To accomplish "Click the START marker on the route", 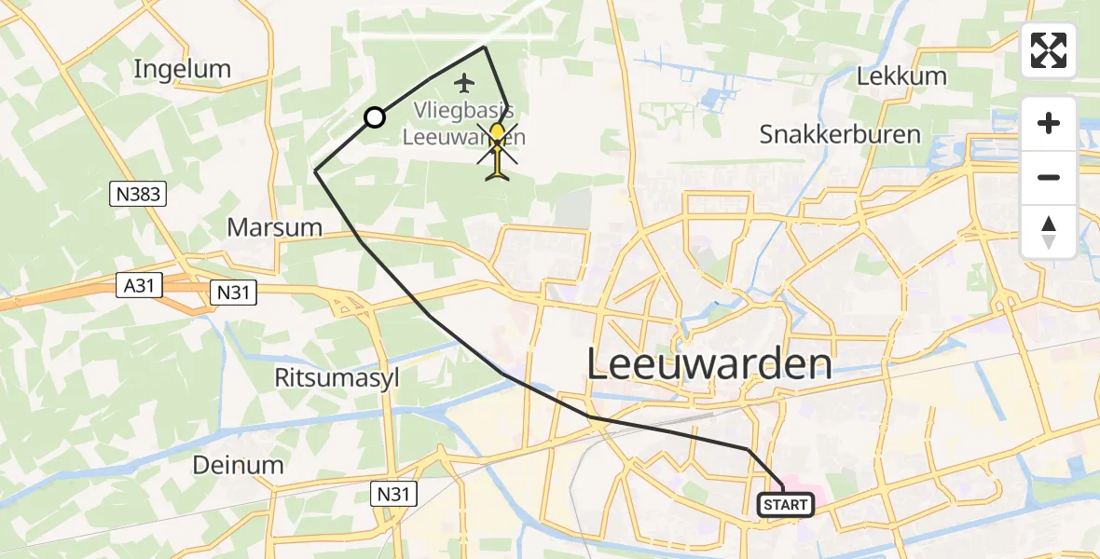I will (786, 505).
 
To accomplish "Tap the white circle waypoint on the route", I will (374, 117).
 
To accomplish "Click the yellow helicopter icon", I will (498, 149).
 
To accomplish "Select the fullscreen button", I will (1049, 50).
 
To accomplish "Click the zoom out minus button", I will (1049, 177).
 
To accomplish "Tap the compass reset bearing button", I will (1049, 232).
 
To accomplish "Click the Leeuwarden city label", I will (708, 363).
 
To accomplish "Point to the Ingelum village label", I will (182, 69).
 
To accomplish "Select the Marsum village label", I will (275, 227).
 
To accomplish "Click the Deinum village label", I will (238, 465).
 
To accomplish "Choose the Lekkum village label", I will (901, 76).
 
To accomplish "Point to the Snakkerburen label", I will (840, 134).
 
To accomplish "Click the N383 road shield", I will (137, 194).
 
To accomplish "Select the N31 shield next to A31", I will (232, 292).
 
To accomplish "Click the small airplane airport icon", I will (463, 84).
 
